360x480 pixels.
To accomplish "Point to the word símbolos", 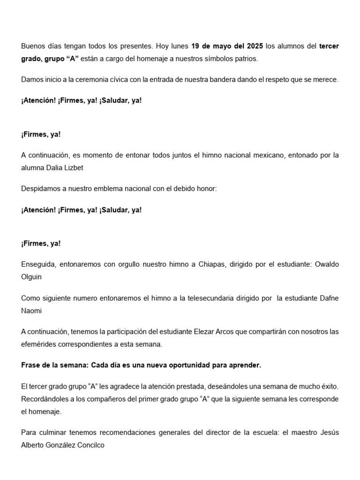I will click(x=212, y=59).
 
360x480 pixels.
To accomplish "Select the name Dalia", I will click(x=58, y=167).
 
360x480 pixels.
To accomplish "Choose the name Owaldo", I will click(x=327, y=264).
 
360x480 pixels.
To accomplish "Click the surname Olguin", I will click(x=31, y=277).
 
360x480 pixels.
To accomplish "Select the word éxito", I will click(x=328, y=387).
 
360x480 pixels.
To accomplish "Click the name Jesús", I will click(x=329, y=433).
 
